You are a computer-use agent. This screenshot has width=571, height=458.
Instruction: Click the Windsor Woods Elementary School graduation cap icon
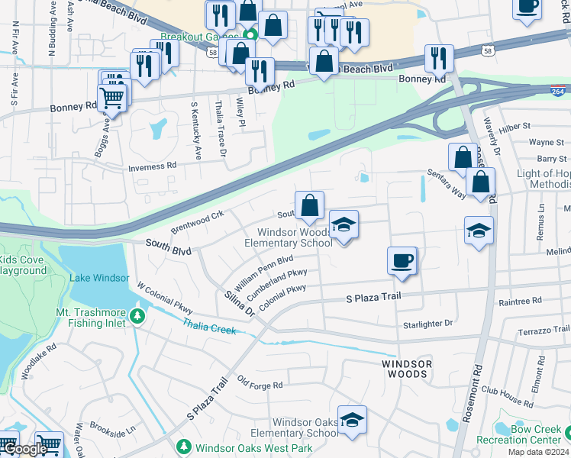coord(344,225)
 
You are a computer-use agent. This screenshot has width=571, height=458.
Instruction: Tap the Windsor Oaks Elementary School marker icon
coord(352,420)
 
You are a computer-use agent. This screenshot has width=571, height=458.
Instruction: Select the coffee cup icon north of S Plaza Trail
coord(402,261)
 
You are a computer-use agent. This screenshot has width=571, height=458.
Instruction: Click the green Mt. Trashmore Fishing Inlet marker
coord(137,314)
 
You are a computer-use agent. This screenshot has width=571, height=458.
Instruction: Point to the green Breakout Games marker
coord(250,35)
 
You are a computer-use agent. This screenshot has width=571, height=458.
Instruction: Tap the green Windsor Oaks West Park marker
coord(183,447)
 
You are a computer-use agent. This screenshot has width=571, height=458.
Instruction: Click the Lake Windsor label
coord(99,278)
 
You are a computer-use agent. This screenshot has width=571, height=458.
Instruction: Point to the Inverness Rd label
coord(152,165)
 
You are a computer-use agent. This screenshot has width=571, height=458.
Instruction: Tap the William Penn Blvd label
coord(264,273)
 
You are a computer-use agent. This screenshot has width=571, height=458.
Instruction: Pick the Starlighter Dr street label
coord(427,324)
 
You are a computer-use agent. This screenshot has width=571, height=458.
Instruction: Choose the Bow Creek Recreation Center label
coord(529,434)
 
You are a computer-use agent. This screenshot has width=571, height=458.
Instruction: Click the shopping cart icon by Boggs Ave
coord(111,98)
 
